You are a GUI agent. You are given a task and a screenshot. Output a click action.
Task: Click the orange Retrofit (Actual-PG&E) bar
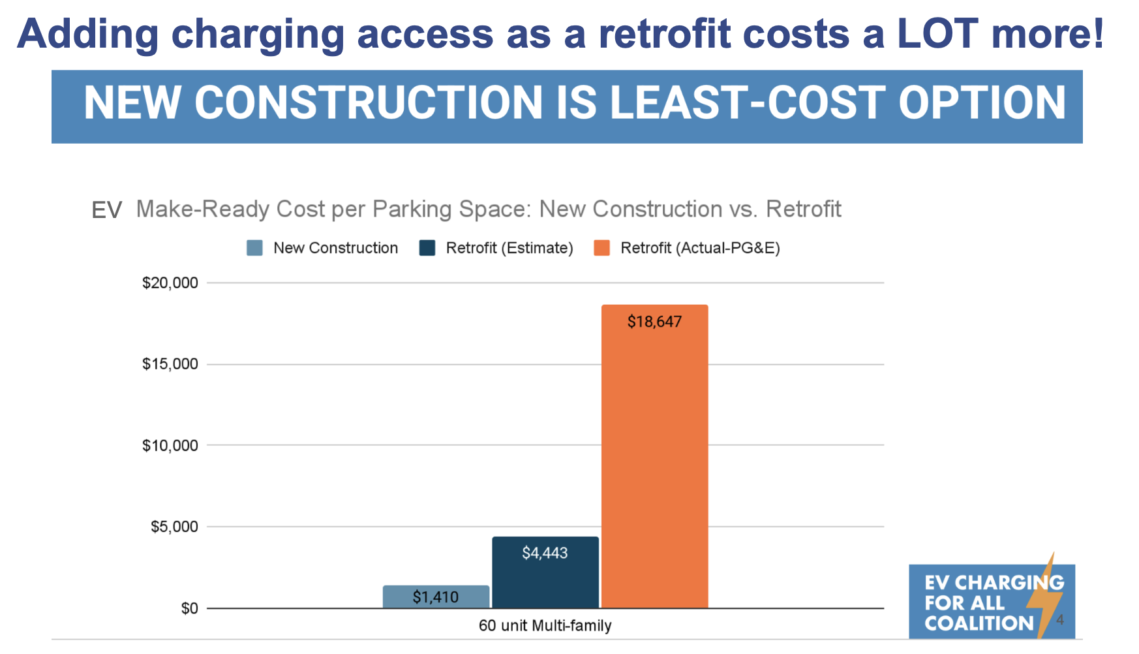[x=654, y=456]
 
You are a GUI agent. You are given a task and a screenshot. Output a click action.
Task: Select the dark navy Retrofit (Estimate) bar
[x=545, y=572]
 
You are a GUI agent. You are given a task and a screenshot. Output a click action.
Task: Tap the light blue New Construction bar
[x=436, y=597]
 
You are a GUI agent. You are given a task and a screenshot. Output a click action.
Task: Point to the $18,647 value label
[x=654, y=322]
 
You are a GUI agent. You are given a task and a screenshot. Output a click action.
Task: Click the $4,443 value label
[x=545, y=553]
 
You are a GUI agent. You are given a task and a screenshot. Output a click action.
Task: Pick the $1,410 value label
[x=436, y=597]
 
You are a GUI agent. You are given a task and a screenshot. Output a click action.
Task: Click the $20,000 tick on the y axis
[x=170, y=283]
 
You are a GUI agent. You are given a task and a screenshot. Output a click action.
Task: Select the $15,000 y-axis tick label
[x=170, y=364]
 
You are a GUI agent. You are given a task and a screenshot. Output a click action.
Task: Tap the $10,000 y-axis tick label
[x=170, y=446]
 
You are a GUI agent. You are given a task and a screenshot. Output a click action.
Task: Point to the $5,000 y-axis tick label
[x=174, y=527]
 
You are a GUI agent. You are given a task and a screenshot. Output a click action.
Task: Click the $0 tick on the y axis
[x=190, y=609]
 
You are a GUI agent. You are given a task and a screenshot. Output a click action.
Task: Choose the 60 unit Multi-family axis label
[x=545, y=626]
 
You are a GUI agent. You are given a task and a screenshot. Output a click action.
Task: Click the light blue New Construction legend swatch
[x=254, y=248]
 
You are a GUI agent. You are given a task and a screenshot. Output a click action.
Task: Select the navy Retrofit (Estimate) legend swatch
[x=427, y=248]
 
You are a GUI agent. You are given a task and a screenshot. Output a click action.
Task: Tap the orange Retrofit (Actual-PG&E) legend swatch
[x=601, y=248]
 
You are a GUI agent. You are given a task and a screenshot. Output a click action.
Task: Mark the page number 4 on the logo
[x=1060, y=619]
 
